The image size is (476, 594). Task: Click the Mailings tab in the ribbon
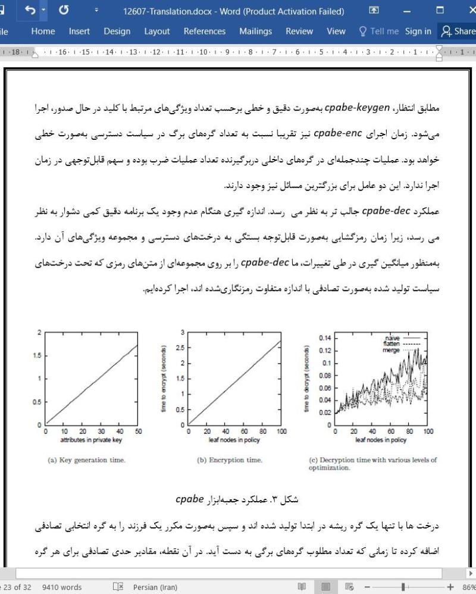click(255, 32)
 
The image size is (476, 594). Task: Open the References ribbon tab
click(204, 32)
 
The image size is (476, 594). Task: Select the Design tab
click(117, 32)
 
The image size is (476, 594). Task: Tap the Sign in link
click(418, 32)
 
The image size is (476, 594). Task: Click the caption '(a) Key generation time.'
click(86, 460)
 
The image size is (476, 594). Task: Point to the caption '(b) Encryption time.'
click(230, 460)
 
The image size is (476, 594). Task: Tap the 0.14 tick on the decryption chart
click(324, 337)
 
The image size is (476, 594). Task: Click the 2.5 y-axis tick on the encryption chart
click(181, 348)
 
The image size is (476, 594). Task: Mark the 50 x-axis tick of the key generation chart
click(139, 432)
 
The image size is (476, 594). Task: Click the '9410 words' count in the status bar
click(62, 587)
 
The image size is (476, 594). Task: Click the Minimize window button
click(407, 11)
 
